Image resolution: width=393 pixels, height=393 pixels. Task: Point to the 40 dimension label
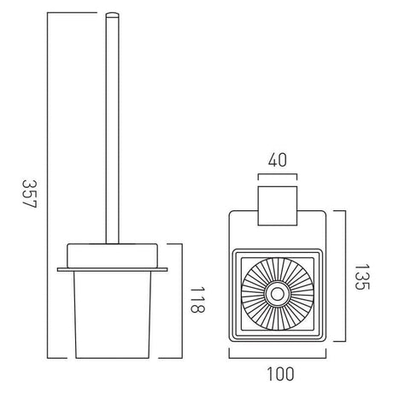[276, 160]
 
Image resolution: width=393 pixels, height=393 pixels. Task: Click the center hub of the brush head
[277, 296]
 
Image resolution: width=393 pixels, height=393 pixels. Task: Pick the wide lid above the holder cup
[112, 254]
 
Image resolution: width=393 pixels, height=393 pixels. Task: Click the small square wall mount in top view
[277, 198]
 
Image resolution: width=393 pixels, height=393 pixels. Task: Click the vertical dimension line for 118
[182, 300]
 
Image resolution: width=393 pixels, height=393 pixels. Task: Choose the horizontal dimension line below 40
[277, 176]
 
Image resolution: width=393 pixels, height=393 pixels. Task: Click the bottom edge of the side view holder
[112, 355]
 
